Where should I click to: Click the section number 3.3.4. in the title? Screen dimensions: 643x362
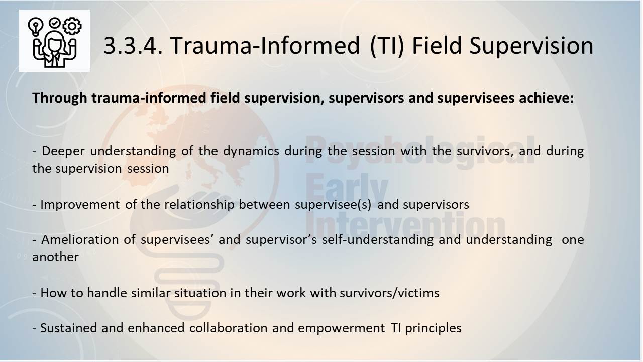(x=133, y=45)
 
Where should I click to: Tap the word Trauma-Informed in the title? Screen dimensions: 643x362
(x=265, y=45)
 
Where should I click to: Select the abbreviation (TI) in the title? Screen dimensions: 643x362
(x=387, y=46)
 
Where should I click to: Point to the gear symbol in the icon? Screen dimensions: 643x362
(x=72, y=26)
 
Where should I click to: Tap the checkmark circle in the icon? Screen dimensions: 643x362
(x=55, y=23)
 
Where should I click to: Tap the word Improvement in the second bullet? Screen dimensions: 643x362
(x=80, y=205)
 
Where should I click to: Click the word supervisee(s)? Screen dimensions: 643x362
(x=333, y=205)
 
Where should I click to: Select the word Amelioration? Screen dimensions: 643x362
(x=80, y=240)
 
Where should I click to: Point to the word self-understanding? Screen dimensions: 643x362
(x=378, y=240)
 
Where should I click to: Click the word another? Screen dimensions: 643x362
(x=55, y=257)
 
